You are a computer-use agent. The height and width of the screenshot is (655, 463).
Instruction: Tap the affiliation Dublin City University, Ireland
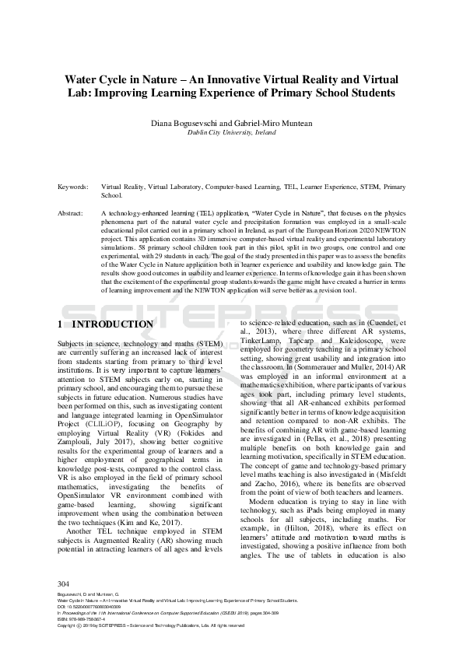point(231,133)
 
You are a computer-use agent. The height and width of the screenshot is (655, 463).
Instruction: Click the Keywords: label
point(73,187)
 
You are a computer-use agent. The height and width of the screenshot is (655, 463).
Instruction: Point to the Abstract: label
point(72,212)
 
